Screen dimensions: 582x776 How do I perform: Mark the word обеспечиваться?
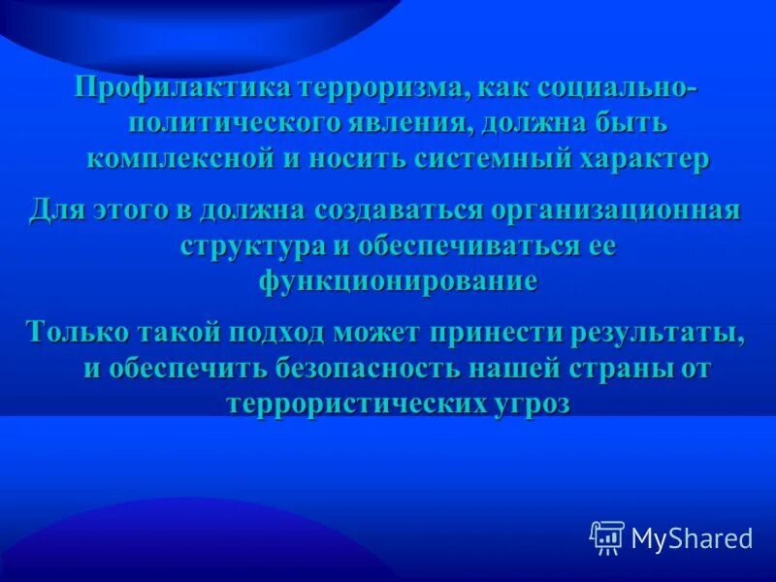pos(465,245)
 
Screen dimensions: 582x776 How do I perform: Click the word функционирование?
pos(398,280)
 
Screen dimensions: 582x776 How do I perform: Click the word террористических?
pos(350,403)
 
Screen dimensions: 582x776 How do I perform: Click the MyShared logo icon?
pos(606,537)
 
